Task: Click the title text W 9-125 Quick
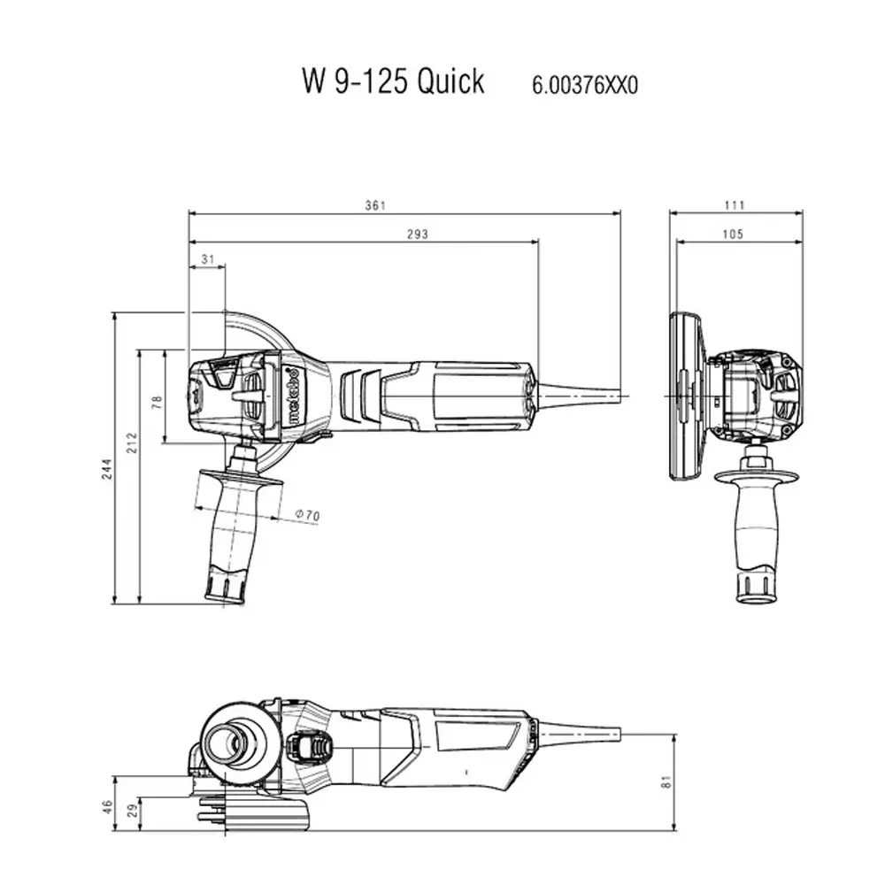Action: tap(393, 81)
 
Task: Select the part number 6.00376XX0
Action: tap(584, 85)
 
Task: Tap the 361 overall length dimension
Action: tap(375, 205)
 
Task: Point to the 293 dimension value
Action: tap(417, 235)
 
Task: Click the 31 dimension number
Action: tap(208, 258)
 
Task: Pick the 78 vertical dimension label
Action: tap(157, 399)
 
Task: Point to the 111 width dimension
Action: tap(735, 205)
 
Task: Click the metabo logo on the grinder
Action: tap(291, 395)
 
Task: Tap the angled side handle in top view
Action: tap(232, 531)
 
